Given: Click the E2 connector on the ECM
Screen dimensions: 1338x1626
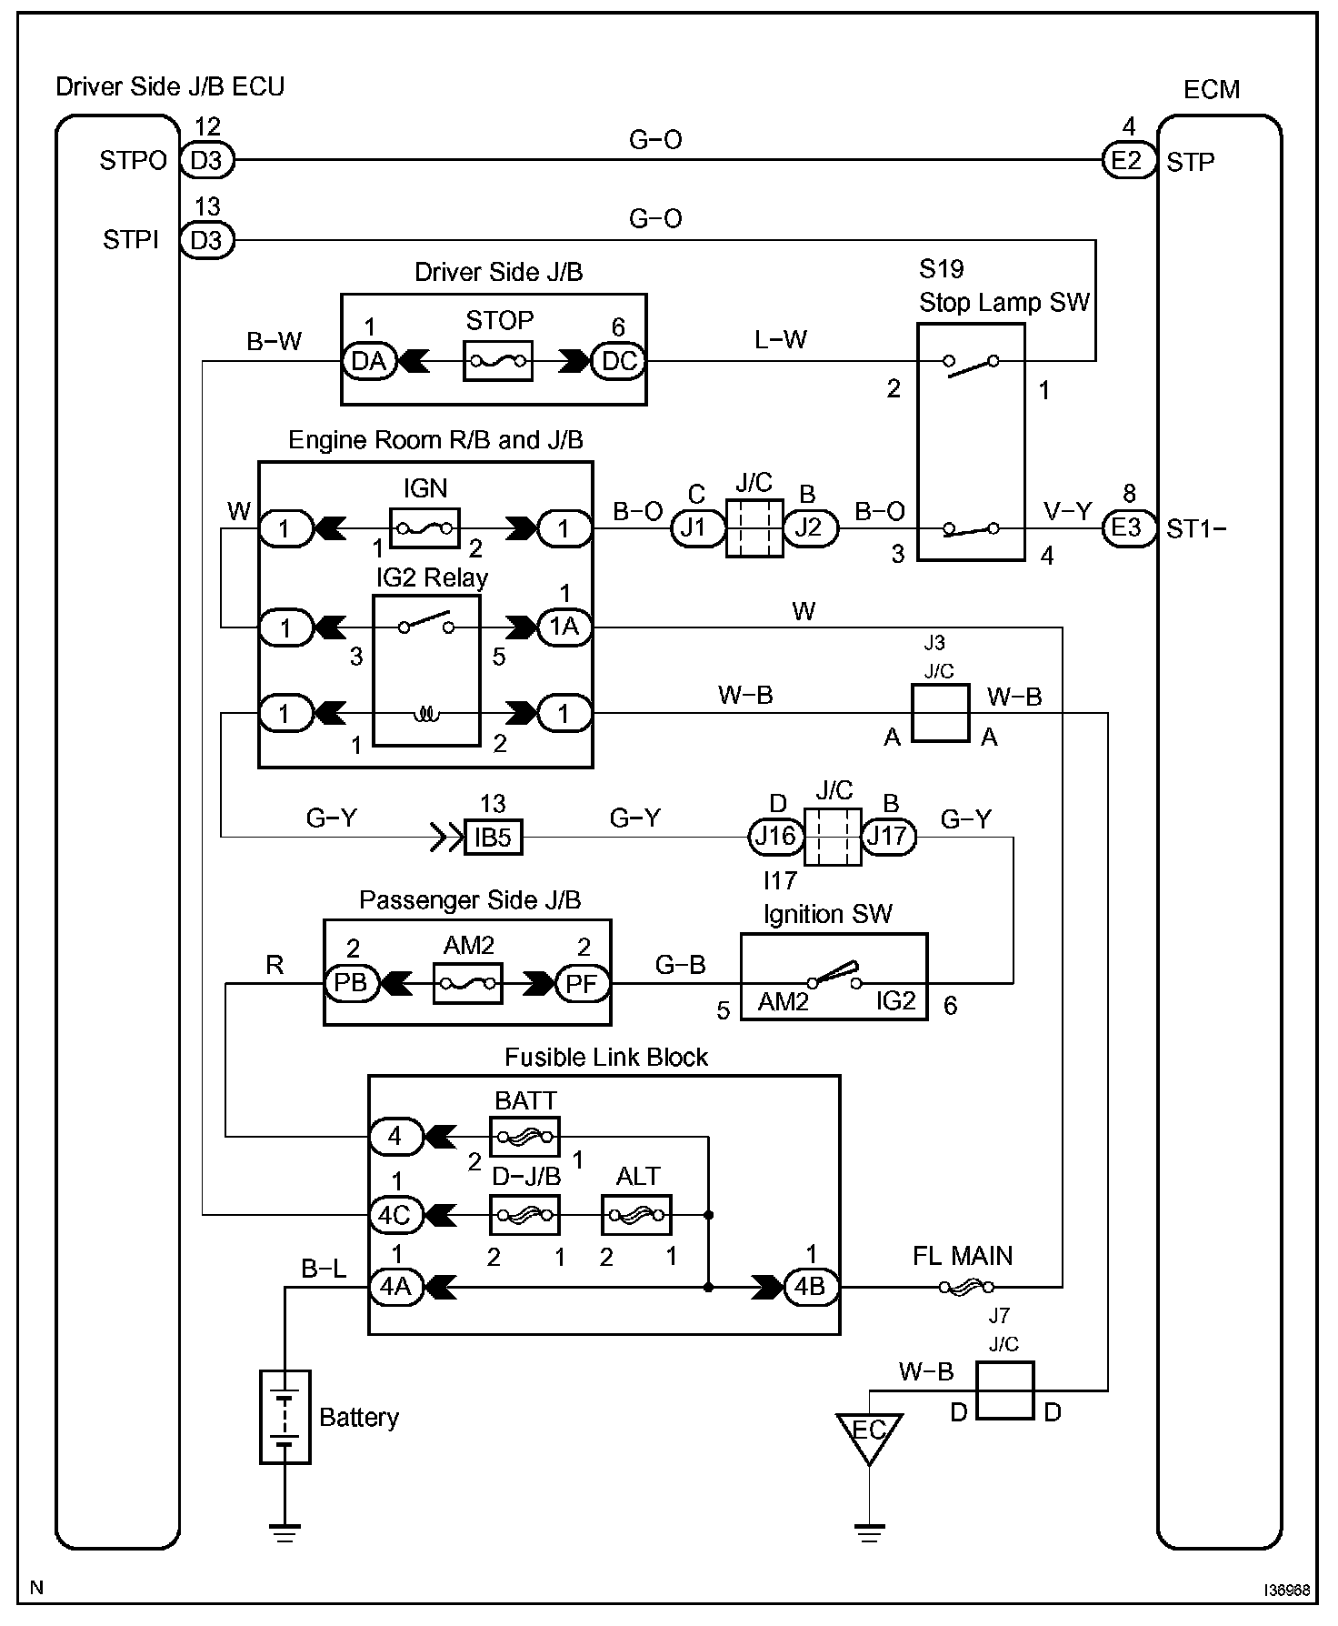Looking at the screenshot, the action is pyautogui.click(x=1128, y=161).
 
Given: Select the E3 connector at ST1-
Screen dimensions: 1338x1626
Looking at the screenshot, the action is pyautogui.click(x=1128, y=528).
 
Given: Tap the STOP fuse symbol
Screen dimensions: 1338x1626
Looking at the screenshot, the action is pyautogui.click(x=498, y=361).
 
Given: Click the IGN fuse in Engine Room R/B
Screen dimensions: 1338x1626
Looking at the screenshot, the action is pyautogui.click(x=424, y=527).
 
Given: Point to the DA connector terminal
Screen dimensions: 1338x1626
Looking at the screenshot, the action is pyautogui.click(x=369, y=361).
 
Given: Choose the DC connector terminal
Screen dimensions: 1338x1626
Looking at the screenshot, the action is pyautogui.click(x=619, y=361).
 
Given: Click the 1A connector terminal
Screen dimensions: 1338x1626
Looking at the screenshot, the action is pyautogui.click(x=564, y=627).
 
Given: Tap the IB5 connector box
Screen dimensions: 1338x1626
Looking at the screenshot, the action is pyautogui.click(x=494, y=837).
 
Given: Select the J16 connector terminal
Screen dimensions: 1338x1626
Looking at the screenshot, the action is pyautogui.click(x=775, y=836).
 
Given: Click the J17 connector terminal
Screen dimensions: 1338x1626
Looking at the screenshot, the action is pyautogui.click(x=888, y=836).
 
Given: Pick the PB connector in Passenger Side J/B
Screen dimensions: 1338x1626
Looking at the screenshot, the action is pyautogui.click(x=351, y=983).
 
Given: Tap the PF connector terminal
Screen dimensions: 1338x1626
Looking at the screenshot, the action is pyautogui.click(x=583, y=983).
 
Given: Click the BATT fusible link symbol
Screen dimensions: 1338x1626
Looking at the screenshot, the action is pyautogui.click(x=524, y=1137).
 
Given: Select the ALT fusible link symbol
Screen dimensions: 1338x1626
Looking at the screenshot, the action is pyautogui.click(x=636, y=1214).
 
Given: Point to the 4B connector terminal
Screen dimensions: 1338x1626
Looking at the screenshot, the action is pyautogui.click(x=811, y=1288).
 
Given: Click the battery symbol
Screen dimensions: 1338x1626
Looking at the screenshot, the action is pyautogui.click(x=285, y=1417).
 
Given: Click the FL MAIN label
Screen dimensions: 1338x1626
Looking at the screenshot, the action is pyautogui.click(x=962, y=1256).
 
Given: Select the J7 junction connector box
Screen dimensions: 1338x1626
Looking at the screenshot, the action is pyautogui.click(x=1004, y=1390).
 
